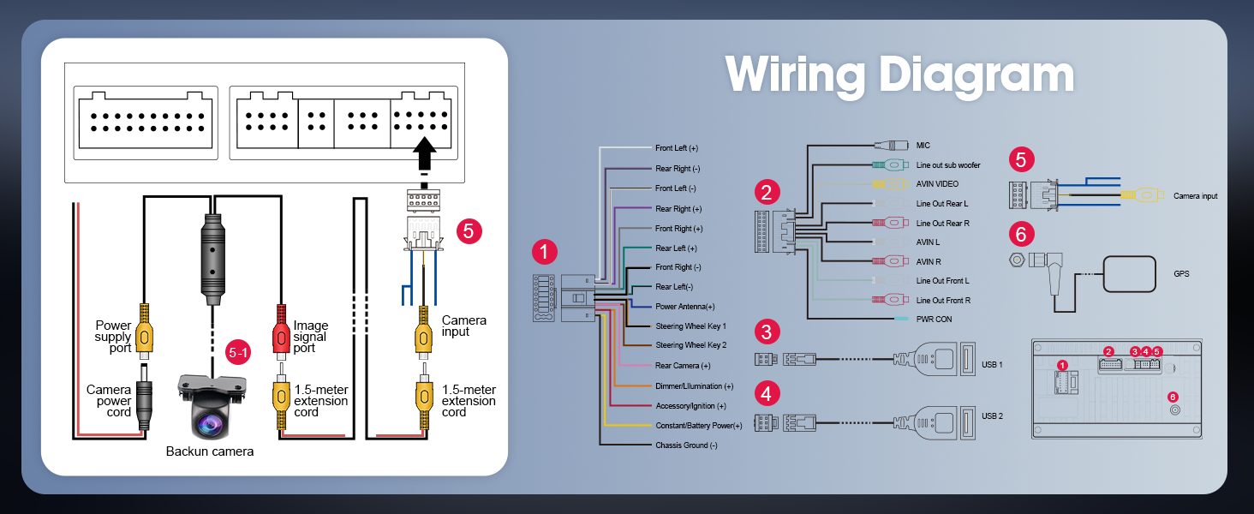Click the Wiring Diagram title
click(x=899, y=75)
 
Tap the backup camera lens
click(x=210, y=421)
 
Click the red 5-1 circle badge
click(x=237, y=352)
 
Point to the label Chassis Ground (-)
click(x=686, y=445)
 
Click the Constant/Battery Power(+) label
click(x=698, y=425)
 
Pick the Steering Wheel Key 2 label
click(x=690, y=345)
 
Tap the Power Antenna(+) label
click(x=684, y=306)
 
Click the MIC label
click(x=923, y=146)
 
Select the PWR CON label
click(x=934, y=320)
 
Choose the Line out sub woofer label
click(x=948, y=164)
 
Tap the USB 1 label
click(x=992, y=365)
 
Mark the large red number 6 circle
click(x=1021, y=233)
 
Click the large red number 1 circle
click(x=544, y=252)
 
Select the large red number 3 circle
click(x=767, y=332)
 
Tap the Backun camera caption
click(x=209, y=451)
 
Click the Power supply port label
click(x=114, y=337)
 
